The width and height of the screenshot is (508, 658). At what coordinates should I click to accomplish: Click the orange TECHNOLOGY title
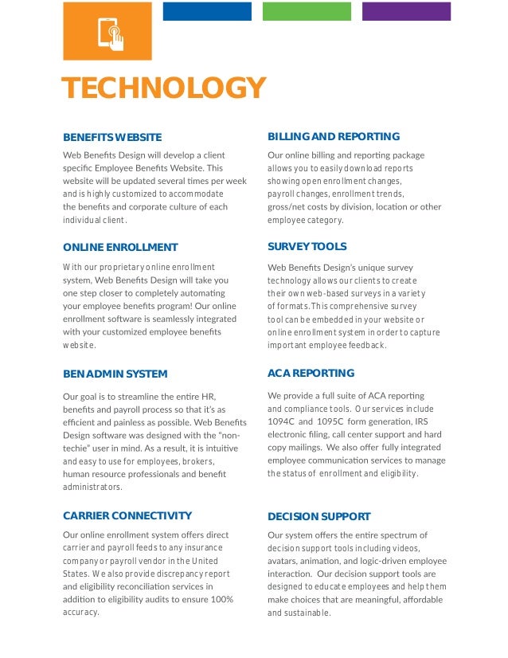click(163, 89)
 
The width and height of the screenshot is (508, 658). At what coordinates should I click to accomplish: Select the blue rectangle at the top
click(207, 11)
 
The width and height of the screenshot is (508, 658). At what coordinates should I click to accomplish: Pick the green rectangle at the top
click(306, 11)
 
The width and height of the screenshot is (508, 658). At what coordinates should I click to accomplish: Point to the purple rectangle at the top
click(406, 11)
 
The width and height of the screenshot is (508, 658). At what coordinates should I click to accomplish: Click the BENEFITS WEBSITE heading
click(112, 138)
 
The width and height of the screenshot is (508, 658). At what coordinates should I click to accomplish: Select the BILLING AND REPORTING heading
click(334, 137)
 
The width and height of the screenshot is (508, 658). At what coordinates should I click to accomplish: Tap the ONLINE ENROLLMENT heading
click(120, 247)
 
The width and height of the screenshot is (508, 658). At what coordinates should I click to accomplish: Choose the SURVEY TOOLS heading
click(307, 247)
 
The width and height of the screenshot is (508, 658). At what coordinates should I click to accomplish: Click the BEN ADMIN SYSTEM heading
click(115, 374)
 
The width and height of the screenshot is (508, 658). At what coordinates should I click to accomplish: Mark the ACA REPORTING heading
click(311, 373)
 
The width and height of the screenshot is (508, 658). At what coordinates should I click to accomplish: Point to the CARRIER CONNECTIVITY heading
click(127, 515)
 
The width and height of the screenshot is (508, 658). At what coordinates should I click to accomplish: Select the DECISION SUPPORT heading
click(319, 516)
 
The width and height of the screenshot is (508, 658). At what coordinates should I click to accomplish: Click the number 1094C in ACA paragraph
click(281, 421)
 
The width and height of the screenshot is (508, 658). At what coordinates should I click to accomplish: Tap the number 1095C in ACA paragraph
click(330, 421)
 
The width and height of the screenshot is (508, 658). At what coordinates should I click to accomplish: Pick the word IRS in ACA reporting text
click(422, 421)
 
